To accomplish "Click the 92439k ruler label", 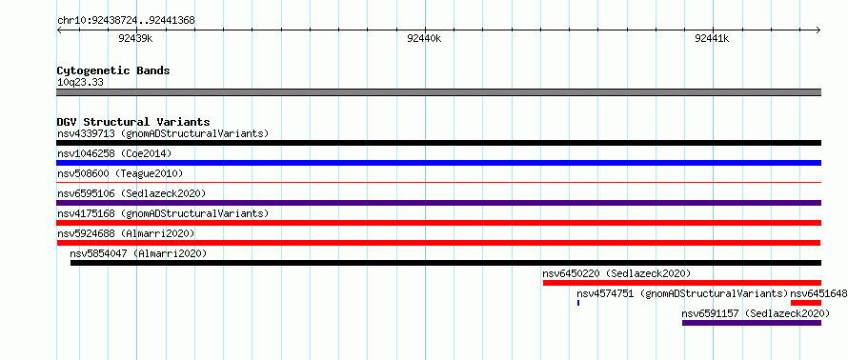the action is click(x=135, y=38).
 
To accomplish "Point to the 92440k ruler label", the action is click(x=424, y=38).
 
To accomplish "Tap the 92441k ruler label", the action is click(x=712, y=38).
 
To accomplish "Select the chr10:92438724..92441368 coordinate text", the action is click(x=126, y=21).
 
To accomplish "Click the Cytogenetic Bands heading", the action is click(x=113, y=70).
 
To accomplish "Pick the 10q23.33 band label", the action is click(x=80, y=83).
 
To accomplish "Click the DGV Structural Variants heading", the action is click(x=133, y=122).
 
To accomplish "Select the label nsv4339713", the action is click(x=86, y=133).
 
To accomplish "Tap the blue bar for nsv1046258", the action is click(x=438, y=163).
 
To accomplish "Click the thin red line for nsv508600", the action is click(x=438, y=183).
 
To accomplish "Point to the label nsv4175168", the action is click(x=86, y=213).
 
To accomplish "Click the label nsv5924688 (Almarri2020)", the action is click(x=126, y=233).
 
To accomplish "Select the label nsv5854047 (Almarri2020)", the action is click(x=138, y=253).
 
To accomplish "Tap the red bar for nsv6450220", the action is click(x=682, y=283).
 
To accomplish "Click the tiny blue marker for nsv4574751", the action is click(x=578, y=303).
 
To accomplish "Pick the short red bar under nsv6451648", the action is click(x=806, y=303).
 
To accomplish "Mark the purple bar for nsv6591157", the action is click(x=752, y=323).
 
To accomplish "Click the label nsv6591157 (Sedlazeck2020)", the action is click(x=756, y=313).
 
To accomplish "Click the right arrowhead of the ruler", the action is click(x=818, y=30).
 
